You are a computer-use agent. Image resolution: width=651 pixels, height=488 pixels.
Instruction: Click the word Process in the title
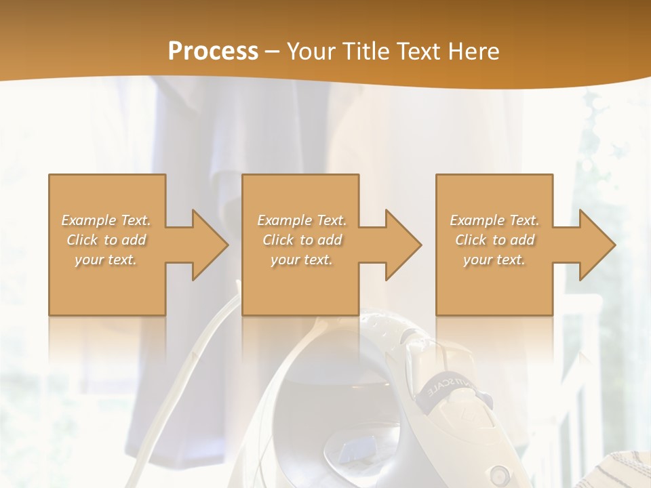(x=213, y=52)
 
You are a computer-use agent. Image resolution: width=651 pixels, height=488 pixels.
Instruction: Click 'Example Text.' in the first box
(x=106, y=220)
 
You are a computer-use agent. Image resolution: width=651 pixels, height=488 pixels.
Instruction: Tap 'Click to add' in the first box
(x=106, y=240)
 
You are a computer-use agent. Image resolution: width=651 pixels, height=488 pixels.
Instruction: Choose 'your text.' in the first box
(x=106, y=260)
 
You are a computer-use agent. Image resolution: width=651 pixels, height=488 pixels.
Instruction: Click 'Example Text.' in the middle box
(x=302, y=220)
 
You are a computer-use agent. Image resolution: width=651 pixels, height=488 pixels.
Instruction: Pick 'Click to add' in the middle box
(x=302, y=240)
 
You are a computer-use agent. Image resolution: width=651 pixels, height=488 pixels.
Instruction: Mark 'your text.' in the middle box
(x=302, y=260)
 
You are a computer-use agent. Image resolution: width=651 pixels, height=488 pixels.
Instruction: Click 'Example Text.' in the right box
(x=494, y=220)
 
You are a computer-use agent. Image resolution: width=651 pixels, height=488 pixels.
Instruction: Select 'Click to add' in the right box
(x=494, y=240)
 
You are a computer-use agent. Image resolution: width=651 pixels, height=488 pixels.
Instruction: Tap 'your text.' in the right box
(x=494, y=260)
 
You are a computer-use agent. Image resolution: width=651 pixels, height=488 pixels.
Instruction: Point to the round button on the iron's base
(x=500, y=471)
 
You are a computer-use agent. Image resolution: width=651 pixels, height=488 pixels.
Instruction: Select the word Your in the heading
(x=312, y=52)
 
